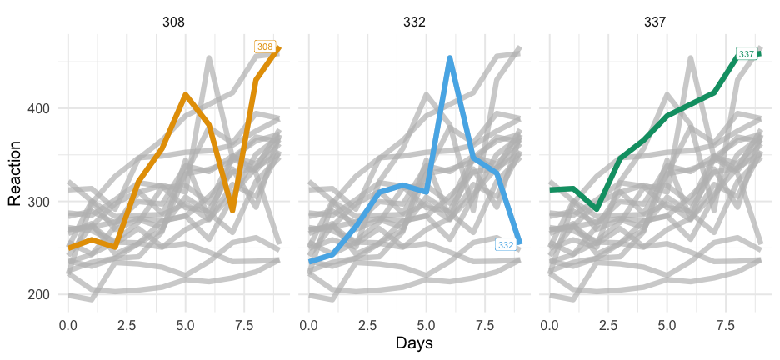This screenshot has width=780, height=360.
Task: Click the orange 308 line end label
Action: [265, 47]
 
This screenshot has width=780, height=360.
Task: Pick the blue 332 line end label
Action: [506, 244]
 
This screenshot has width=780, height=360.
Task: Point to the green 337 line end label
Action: [747, 54]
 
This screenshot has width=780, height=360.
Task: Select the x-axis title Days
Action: [413, 342]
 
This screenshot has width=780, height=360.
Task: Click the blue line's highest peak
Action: [450, 58]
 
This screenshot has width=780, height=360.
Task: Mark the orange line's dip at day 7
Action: [232, 210]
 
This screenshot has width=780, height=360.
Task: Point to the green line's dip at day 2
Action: [597, 208]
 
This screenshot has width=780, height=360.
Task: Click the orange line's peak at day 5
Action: [186, 95]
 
